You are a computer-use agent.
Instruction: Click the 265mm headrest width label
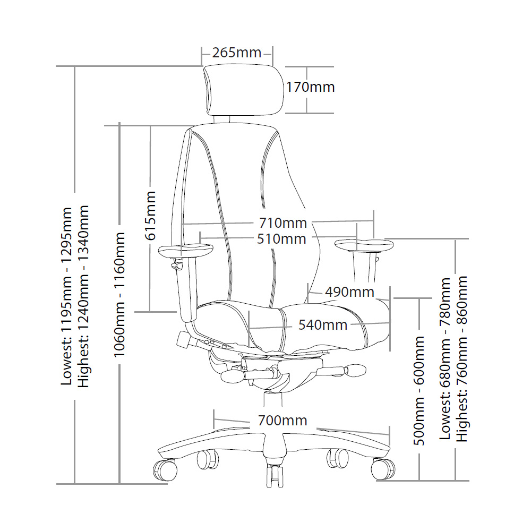point(237,53)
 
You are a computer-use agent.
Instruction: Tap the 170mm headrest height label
point(311,87)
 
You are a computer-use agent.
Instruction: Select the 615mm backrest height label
point(150,216)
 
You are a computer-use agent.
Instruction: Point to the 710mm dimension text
point(283,223)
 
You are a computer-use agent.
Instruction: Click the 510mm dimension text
point(282,239)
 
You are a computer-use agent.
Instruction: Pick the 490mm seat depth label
point(349,292)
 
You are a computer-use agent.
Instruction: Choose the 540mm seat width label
point(323,325)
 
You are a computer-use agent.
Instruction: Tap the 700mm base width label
point(283,420)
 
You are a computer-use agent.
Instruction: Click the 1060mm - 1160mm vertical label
point(119,295)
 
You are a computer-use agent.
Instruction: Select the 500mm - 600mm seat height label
point(419,390)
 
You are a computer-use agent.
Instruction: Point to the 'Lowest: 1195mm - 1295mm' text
point(66,296)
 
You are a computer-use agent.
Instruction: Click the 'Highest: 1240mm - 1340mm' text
point(83,296)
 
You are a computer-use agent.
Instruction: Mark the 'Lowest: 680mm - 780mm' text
point(445,359)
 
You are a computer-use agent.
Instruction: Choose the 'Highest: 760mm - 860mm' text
point(462,359)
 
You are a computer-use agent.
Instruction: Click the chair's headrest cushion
point(244,91)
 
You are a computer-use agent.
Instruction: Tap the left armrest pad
point(185,251)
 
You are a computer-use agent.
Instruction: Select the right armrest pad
point(364,245)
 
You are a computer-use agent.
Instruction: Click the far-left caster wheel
point(165,470)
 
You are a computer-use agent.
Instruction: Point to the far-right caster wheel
point(383,469)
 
